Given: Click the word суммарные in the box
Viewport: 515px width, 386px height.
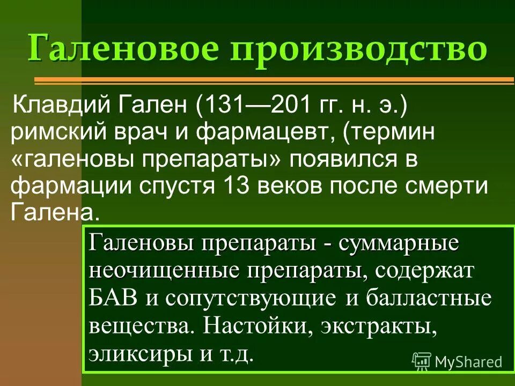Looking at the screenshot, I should coord(399,243).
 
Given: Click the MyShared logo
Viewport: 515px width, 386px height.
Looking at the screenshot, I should coord(457,362).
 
